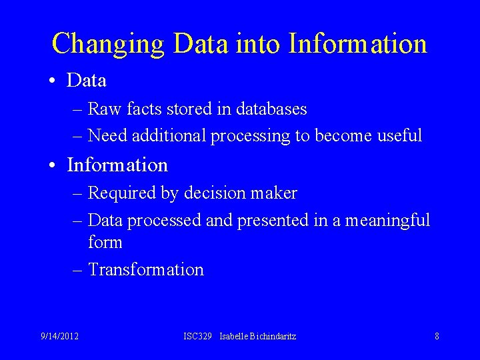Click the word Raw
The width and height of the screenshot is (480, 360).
tap(103, 109)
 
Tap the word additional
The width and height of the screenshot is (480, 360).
tap(169, 136)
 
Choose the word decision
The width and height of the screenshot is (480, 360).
tap(211, 193)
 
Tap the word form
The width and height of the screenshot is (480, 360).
tap(105, 242)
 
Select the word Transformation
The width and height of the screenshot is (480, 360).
tap(146, 270)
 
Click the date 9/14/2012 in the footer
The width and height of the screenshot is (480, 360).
tap(59, 336)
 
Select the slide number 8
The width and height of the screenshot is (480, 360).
tap(437, 336)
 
